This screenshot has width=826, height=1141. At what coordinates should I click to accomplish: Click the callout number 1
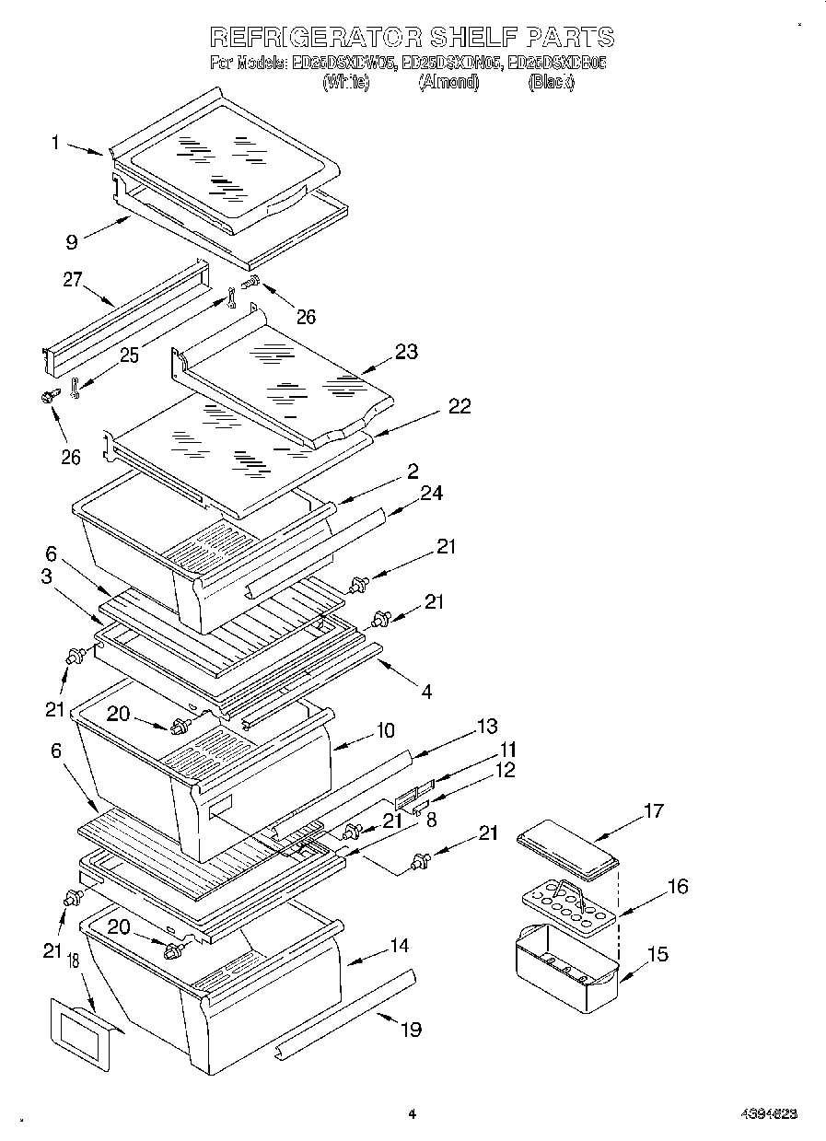coord(56,142)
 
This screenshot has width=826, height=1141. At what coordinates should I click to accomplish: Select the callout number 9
coord(70,242)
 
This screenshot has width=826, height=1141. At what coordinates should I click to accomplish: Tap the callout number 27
coord(73,281)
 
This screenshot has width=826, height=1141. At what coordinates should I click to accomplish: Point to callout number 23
coord(406,351)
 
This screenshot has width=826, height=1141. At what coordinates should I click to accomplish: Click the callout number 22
coord(459,406)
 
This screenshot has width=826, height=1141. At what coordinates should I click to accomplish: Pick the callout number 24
coord(431,494)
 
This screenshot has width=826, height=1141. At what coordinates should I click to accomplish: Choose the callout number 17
coord(653,811)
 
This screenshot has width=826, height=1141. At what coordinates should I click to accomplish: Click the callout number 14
coord(398,945)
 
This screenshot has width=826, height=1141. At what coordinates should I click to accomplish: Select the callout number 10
coord(384,730)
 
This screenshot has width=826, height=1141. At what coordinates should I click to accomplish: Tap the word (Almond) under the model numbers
coord(448,82)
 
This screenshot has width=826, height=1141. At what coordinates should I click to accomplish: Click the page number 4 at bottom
coord(412,1114)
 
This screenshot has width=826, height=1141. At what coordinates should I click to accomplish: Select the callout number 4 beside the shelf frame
coord(426,690)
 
